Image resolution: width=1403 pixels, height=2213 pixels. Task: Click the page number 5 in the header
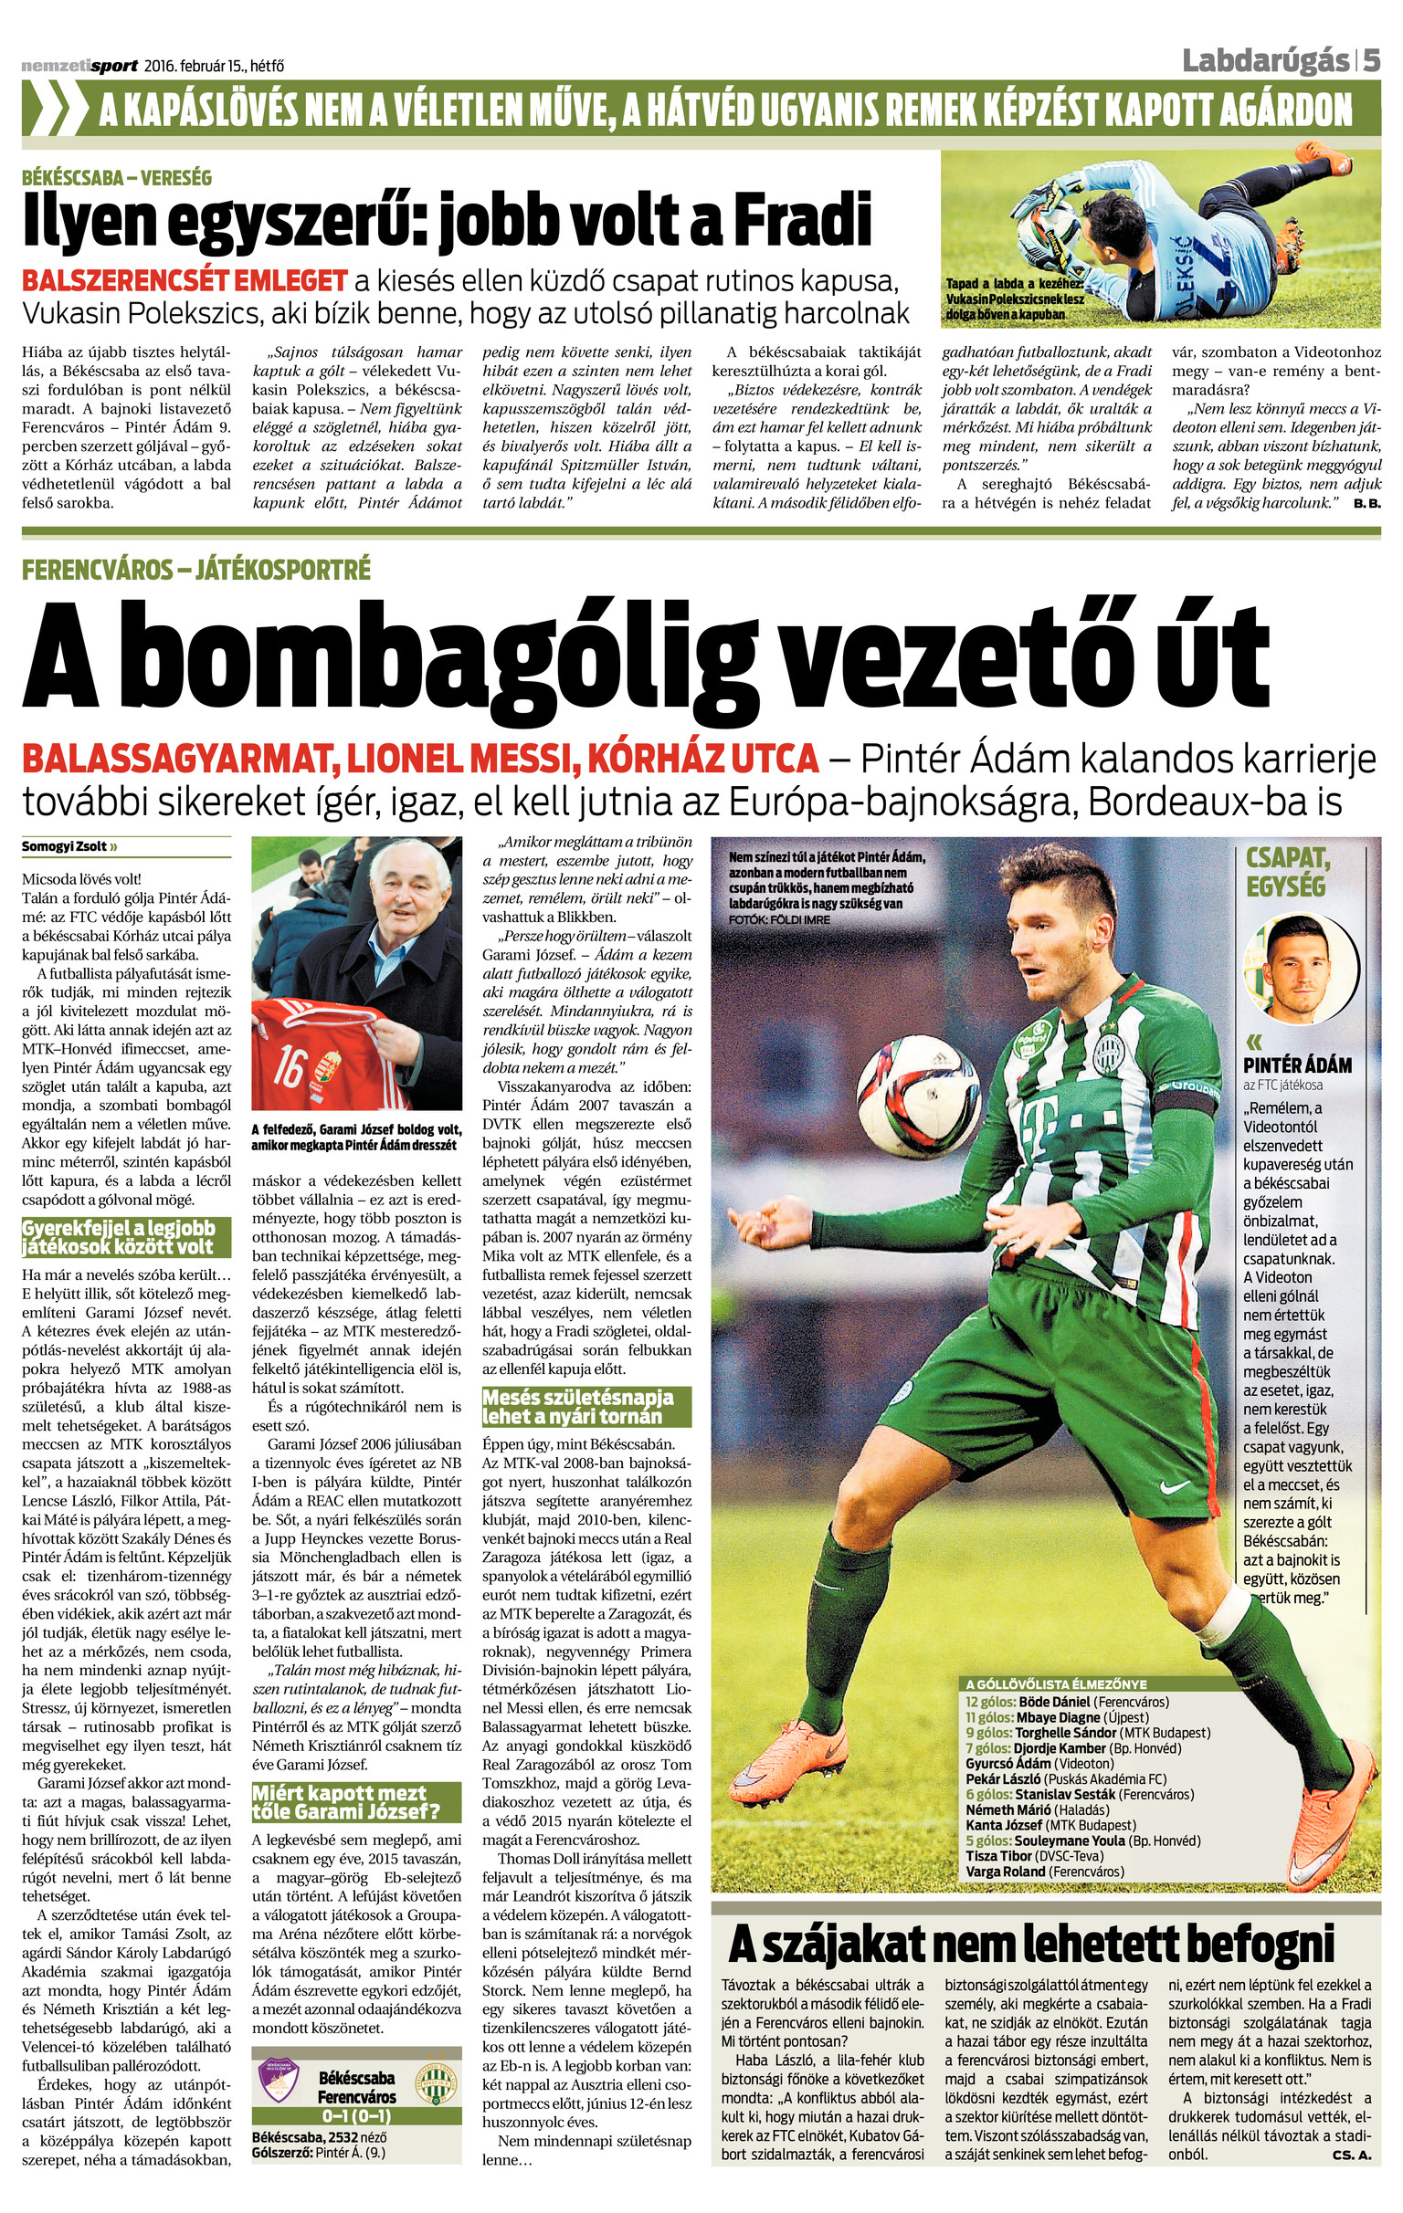[1371, 61]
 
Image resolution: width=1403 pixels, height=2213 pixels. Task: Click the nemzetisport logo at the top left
[79, 66]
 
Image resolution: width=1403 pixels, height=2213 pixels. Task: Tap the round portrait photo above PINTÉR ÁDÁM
[1300, 966]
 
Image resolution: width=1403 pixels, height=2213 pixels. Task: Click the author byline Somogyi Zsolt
[65, 846]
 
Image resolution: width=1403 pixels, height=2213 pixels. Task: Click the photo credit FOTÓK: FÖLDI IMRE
[777, 919]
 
